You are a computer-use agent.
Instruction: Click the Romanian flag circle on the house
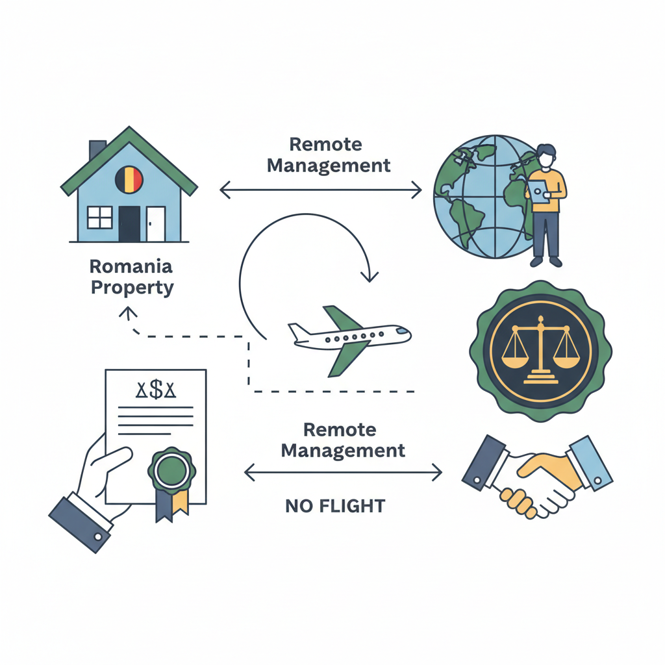pyautogui.click(x=129, y=179)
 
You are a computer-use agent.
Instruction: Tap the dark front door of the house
pyautogui.click(x=129, y=223)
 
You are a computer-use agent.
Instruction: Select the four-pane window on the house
pyautogui.click(x=99, y=217)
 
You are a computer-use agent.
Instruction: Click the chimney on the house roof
pyautogui.click(x=97, y=149)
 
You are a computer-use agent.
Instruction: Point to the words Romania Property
pyautogui.click(x=132, y=277)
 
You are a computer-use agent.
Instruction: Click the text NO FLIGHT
pyautogui.click(x=335, y=505)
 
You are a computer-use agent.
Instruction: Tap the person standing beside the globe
pyautogui.click(x=546, y=204)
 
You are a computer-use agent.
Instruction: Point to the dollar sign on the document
pyautogui.click(x=156, y=390)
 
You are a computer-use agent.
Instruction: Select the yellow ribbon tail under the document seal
pyautogui.click(x=181, y=501)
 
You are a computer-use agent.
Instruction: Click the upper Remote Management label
pyautogui.click(x=329, y=155)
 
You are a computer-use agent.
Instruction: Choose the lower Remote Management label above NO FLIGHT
pyautogui.click(x=344, y=440)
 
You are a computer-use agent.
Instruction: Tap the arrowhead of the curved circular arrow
pyautogui.click(x=369, y=277)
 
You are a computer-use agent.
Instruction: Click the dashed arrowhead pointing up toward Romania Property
pyautogui.click(x=127, y=314)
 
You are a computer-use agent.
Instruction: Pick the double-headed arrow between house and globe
pyautogui.click(x=321, y=190)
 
